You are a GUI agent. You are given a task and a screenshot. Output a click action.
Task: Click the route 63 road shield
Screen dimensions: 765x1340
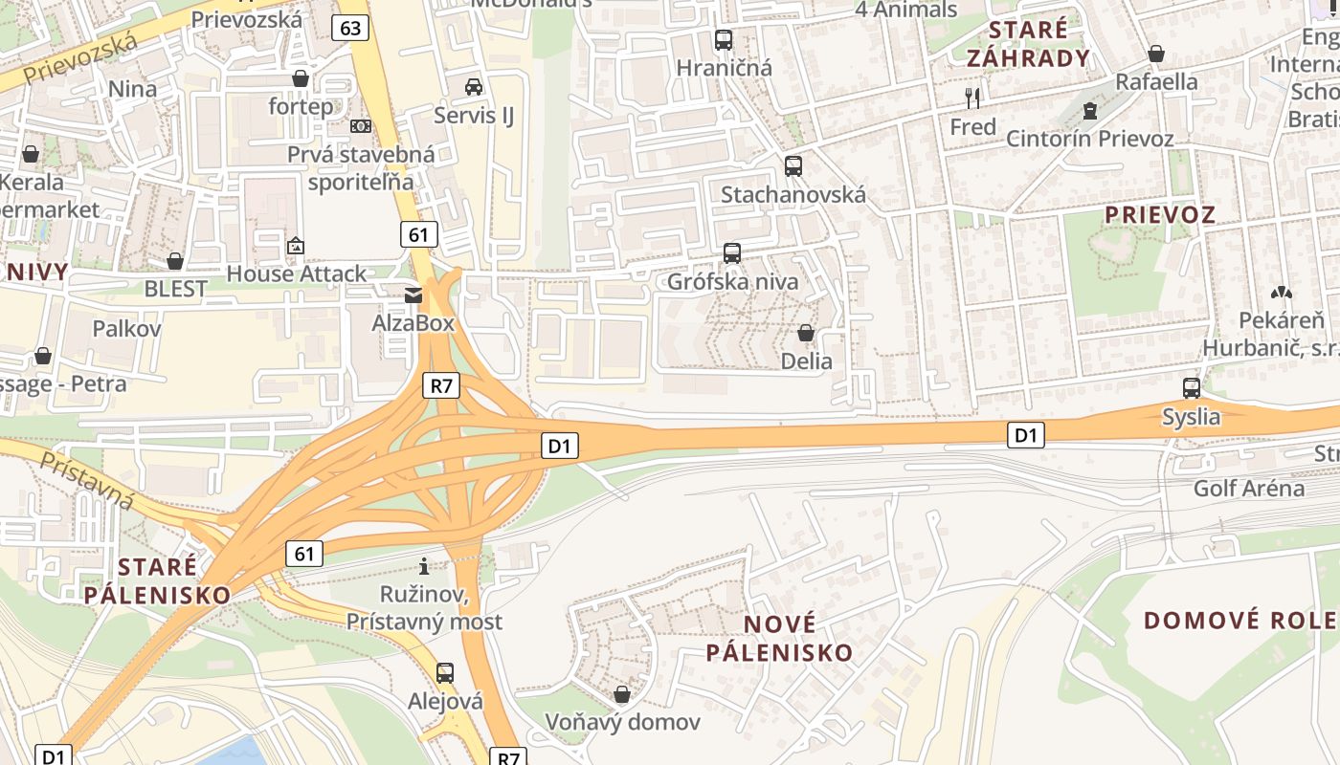tap(350, 28)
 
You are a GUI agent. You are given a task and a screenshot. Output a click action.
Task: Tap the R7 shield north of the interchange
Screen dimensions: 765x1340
tap(441, 385)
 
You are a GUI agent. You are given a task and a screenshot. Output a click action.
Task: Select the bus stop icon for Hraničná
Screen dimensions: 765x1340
tap(724, 40)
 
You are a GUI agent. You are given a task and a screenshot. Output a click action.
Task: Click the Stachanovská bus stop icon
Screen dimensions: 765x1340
tap(793, 165)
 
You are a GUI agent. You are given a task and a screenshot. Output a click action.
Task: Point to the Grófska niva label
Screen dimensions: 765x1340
tap(732, 282)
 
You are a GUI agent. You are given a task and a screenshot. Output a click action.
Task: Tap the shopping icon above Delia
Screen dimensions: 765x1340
tap(806, 333)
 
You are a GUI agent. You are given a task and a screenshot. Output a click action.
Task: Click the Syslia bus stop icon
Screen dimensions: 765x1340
tap(1192, 388)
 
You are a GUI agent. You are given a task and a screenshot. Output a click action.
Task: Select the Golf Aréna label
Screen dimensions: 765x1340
tap(1248, 489)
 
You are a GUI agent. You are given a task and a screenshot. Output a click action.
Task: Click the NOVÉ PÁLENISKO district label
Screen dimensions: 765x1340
tap(779, 639)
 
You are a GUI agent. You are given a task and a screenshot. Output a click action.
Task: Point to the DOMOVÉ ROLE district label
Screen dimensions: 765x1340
tap(1240, 620)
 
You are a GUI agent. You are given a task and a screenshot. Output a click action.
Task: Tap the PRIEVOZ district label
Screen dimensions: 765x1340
tap(1160, 214)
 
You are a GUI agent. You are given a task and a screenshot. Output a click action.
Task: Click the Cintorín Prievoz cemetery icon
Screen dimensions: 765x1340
tap(1089, 111)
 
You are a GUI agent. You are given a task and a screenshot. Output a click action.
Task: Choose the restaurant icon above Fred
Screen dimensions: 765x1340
tap(972, 98)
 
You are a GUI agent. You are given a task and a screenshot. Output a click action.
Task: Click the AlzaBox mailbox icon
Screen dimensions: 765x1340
tap(413, 295)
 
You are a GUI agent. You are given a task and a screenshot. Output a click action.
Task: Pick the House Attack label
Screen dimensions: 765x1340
tap(296, 273)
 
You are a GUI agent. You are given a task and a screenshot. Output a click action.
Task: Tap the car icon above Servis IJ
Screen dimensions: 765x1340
tap(473, 87)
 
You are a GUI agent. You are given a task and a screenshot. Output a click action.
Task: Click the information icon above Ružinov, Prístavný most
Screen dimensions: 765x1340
tap(424, 566)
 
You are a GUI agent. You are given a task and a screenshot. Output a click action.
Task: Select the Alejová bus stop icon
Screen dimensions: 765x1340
tap(444, 672)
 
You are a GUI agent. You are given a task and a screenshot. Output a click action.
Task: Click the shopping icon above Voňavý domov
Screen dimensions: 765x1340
tap(622, 693)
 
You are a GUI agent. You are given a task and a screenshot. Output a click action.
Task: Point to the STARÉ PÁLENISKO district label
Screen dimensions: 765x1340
tap(157, 580)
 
